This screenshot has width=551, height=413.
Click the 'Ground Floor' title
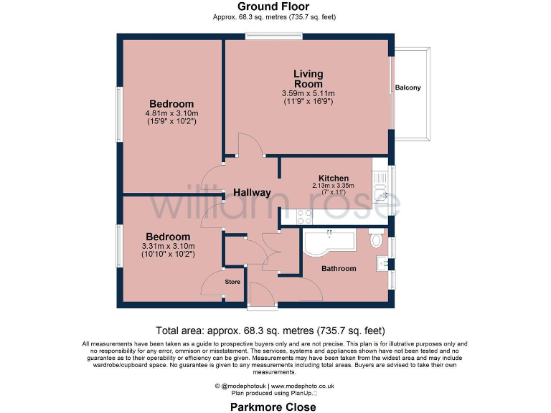[x=275, y=6]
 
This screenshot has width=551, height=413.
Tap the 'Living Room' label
[x=308, y=79]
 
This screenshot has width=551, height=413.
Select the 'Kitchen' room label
[x=334, y=178]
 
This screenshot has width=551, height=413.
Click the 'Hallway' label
[x=251, y=192]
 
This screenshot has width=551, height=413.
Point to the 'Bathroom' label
[x=338, y=268]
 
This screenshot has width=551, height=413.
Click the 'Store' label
[x=232, y=282]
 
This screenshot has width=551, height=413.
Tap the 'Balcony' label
[x=408, y=88]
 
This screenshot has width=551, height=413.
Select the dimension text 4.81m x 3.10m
[x=171, y=113]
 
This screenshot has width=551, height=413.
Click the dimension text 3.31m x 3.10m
[x=168, y=246]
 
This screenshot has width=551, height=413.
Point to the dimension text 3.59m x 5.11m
[x=308, y=93]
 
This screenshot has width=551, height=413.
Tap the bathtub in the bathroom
[x=330, y=242]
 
